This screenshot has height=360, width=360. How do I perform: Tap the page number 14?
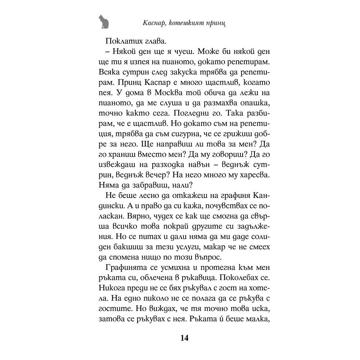184,338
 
